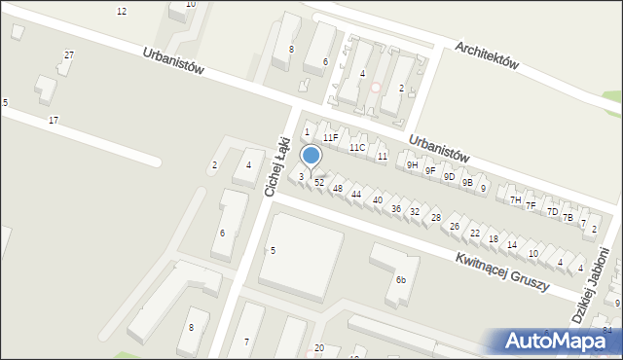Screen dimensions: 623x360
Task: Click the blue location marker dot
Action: [311, 156]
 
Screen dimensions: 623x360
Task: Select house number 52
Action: [319, 183]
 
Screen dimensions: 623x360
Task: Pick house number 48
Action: [338, 188]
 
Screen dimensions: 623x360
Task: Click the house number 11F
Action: [331, 138]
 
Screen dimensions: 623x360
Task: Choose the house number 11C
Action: [357, 148]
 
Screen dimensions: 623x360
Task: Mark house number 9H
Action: [413, 165]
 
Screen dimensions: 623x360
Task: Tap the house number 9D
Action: [449, 177]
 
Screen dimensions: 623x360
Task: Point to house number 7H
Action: [515, 200]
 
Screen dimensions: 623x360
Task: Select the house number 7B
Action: [568, 218]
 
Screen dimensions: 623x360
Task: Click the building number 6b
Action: [400, 280]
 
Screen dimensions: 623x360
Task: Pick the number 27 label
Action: [68, 55]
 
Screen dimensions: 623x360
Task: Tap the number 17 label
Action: [54, 120]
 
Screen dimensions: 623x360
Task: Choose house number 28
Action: [436, 218]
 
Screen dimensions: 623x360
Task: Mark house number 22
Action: [475, 234]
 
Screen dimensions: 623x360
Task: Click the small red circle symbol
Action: [376, 88]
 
